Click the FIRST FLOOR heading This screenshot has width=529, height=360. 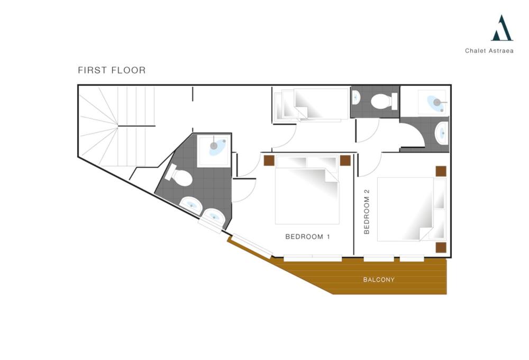pyautogui.click(x=112, y=70)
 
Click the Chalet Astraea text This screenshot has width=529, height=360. pyautogui.click(x=489, y=51)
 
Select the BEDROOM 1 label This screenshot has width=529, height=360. pyautogui.click(x=308, y=237)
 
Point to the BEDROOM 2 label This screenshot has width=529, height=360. pyautogui.click(x=367, y=212)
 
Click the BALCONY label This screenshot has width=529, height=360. pyautogui.click(x=379, y=280)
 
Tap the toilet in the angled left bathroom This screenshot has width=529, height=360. pyautogui.click(x=179, y=175)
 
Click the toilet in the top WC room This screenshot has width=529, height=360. pyautogui.click(x=384, y=101)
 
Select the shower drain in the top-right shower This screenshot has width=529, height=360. pyautogui.click(x=437, y=102)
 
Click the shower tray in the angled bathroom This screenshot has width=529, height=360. pyautogui.click(x=213, y=151)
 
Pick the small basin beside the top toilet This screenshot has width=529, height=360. pyautogui.click(x=356, y=98)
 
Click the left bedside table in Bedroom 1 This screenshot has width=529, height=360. pyautogui.click(x=269, y=160)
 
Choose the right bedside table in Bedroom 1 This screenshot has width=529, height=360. pyautogui.click(x=345, y=160)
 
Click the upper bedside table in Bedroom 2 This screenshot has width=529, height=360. pyautogui.click(x=441, y=171)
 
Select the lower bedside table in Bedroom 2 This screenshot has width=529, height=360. pyautogui.click(x=441, y=248)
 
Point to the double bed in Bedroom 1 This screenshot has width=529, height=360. pyautogui.click(x=307, y=190)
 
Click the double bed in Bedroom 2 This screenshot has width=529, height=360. pyautogui.click(x=412, y=209)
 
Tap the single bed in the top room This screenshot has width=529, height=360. pyautogui.click(x=311, y=105)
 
